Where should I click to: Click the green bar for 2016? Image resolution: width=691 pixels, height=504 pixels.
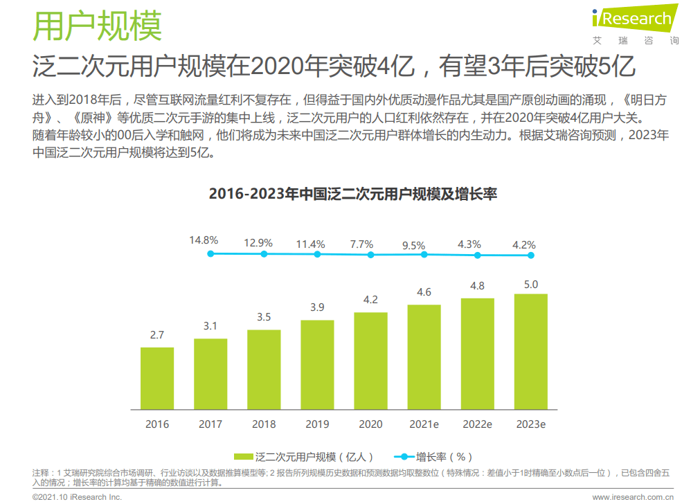(x=157, y=377)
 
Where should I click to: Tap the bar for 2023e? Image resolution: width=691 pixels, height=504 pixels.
(x=531, y=351)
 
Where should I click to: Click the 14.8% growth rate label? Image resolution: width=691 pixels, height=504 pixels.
(x=204, y=240)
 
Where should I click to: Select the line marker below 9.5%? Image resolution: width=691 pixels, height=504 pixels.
(x=424, y=254)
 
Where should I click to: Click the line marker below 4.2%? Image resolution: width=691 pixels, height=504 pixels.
(x=531, y=255)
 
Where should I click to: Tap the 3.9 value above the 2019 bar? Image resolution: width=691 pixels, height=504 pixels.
(x=317, y=307)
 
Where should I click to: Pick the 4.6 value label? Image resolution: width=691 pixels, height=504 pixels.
(x=424, y=291)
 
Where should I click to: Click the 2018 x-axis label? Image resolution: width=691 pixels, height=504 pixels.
(x=264, y=424)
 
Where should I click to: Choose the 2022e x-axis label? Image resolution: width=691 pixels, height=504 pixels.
(x=477, y=424)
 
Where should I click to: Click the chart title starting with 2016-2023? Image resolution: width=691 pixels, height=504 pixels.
(x=352, y=194)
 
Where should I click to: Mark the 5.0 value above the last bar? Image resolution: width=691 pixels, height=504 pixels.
(x=531, y=284)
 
